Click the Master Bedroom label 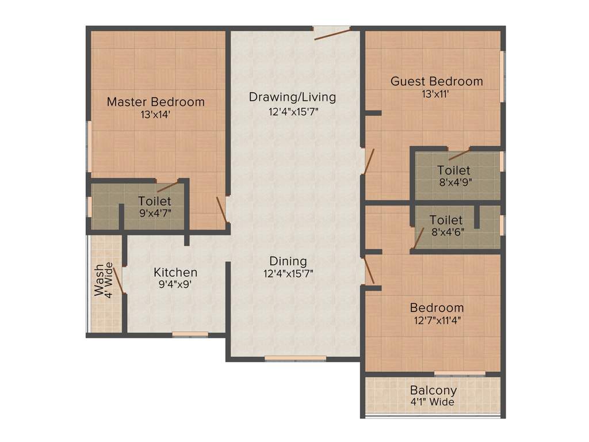tap(155, 102)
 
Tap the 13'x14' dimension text tap(155, 115)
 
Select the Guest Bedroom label tap(437, 81)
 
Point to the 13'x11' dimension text tap(435, 94)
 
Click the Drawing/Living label tap(292, 97)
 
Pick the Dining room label tap(288, 261)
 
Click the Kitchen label tap(175, 272)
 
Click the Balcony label tap(433, 390)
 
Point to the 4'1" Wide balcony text tap(433, 402)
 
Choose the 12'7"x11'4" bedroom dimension tap(437, 321)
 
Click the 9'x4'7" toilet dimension tap(155, 213)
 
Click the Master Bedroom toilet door tap(167, 185)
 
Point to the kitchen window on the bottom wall tap(190, 334)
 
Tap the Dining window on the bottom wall tap(295, 359)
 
